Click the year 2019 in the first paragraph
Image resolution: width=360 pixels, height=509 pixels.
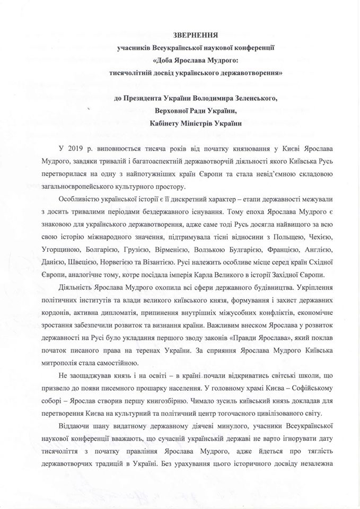80,150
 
